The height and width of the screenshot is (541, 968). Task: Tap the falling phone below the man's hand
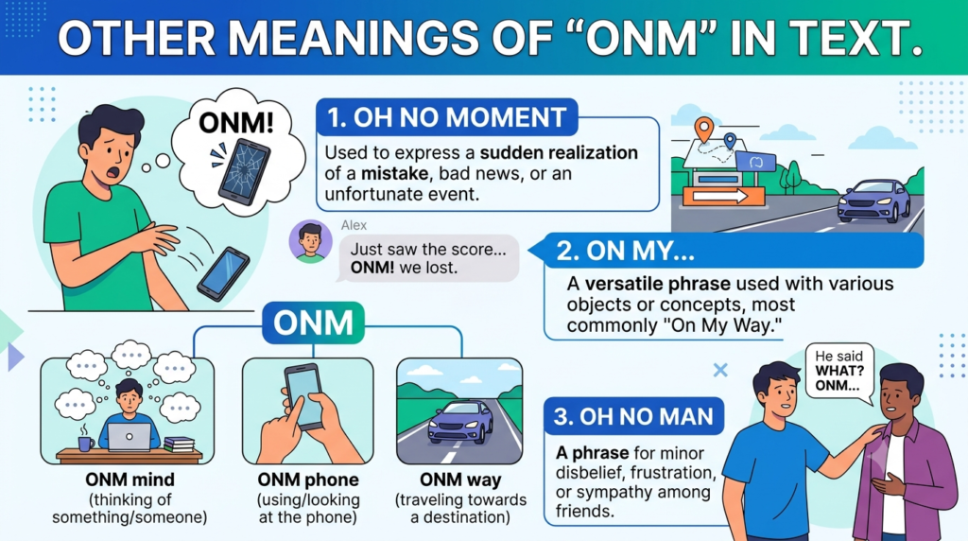click(223, 273)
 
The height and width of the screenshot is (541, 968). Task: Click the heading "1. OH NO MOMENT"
click(446, 117)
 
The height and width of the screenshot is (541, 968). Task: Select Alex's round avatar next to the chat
click(310, 241)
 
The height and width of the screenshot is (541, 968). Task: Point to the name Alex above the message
click(354, 225)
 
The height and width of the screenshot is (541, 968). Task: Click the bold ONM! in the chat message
click(372, 268)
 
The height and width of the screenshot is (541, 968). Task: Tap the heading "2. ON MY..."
click(625, 251)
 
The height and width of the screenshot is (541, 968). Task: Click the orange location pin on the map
click(703, 130)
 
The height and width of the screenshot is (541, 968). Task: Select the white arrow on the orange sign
click(720, 197)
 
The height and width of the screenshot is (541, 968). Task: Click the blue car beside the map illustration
click(873, 201)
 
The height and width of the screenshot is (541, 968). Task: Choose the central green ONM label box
click(314, 323)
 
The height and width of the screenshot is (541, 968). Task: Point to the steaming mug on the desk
click(85, 442)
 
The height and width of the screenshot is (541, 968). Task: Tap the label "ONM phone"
click(308, 480)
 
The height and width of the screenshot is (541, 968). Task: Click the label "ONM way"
click(460, 480)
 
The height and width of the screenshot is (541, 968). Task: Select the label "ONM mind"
click(130, 480)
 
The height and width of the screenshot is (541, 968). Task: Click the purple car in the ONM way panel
click(460, 422)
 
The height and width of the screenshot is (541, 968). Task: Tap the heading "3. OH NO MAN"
click(633, 417)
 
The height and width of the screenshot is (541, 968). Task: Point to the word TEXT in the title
click(853, 38)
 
